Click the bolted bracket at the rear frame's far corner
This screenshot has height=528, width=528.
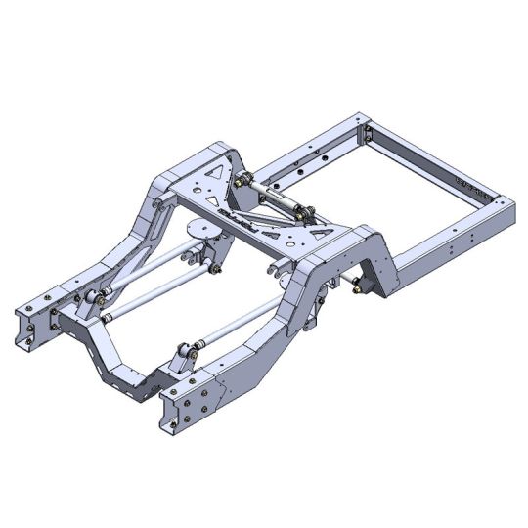point(368,133)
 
